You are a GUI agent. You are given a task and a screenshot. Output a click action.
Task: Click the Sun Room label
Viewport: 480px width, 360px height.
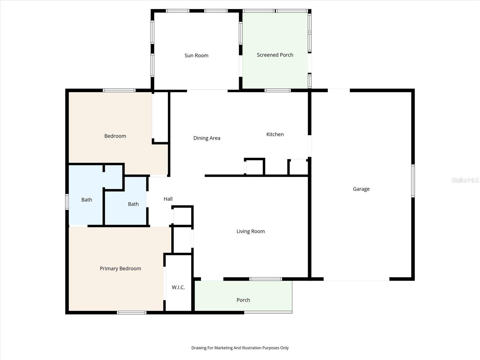pyautogui.click(x=196, y=55)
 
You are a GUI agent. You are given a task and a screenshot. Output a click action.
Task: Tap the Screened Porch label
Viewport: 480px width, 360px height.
pyautogui.click(x=275, y=55)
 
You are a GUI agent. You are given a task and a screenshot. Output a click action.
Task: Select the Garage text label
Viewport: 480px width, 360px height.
pyautogui.click(x=361, y=189)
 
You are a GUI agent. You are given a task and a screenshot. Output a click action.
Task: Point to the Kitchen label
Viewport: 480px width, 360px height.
pyautogui.click(x=275, y=134)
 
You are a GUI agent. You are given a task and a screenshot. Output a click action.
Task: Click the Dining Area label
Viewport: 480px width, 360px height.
pyautogui.click(x=207, y=138)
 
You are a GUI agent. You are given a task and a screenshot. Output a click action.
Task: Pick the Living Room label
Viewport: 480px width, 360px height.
pyautogui.click(x=250, y=231)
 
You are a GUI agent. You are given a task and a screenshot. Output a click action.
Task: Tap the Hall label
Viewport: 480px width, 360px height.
pyautogui.click(x=168, y=199)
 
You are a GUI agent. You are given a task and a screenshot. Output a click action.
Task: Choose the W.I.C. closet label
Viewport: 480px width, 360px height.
pyautogui.click(x=178, y=287)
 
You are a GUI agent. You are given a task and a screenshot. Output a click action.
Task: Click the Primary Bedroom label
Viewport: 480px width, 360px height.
pyautogui.click(x=120, y=268)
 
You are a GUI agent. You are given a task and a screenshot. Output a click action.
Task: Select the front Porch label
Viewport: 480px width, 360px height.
pyautogui.click(x=243, y=300)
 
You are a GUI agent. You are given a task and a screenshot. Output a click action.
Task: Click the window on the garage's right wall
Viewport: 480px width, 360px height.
pyautogui.click(x=413, y=181)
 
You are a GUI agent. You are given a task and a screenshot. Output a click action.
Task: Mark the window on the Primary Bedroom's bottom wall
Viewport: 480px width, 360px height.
pyautogui.click(x=131, y=313)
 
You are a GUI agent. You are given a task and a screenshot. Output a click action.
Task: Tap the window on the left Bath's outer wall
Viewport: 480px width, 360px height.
pyautogui.click(x=67, y=202)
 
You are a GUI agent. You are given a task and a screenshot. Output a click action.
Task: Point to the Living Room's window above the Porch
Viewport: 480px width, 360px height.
pyautogui.click(x=265, y=279)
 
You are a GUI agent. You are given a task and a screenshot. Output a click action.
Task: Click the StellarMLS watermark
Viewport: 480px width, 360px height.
pyautogui.click(x=465, y=180)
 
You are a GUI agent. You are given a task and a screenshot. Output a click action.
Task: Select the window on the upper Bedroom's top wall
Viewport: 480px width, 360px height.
pyautogui.click(x=119, y=90)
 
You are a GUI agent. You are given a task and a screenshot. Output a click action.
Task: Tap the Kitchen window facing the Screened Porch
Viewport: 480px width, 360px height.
pyautogui.click(x=277, y=90)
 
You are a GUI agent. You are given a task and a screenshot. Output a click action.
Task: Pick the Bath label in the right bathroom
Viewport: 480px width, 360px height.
pyautogui.click(x=133, y=204)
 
